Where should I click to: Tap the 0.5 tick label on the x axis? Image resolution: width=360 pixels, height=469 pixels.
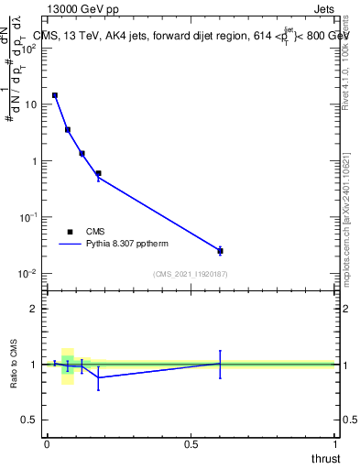tap(191, 444)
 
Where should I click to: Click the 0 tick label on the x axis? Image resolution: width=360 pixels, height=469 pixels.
tap(47, 444)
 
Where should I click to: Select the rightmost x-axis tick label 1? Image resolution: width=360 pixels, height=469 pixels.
tap(336, 444)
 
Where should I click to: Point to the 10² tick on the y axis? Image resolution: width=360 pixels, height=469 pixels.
tap(31, 48)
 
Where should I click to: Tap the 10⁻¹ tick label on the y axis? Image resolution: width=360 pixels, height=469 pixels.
tap(29, 217)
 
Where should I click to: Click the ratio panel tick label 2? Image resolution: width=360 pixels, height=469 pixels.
tap(35, 309)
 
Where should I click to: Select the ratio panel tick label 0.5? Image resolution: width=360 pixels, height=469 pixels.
tap(29, 420)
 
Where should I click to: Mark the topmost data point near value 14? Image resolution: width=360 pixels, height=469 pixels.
tap(55, 95)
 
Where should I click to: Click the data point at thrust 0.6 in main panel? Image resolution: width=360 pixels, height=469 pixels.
tap(220, 251)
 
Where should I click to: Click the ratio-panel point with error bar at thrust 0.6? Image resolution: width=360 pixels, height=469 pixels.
tap(220, 364)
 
